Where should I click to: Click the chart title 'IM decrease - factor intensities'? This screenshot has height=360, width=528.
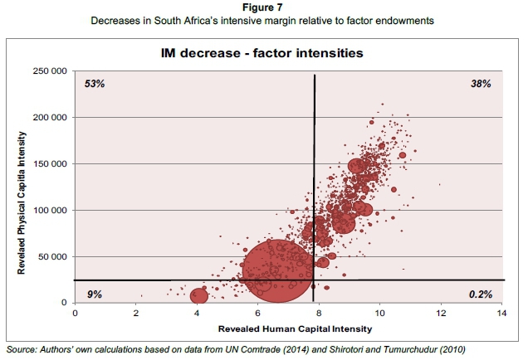pyautogui.click(x=263, y=54)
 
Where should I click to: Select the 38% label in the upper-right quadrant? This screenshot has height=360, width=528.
pyautogui.click(x=481, y=85)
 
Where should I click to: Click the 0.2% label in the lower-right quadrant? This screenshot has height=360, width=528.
pyautogui.click(x=479, y=294)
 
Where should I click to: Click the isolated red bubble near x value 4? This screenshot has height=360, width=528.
pyautogui.click(x=199, y=295)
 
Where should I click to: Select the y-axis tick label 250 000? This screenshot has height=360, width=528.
pyautogui.click(x=51, y=71)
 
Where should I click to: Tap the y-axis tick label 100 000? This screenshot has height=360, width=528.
pyautogui.click(x=51, y=210)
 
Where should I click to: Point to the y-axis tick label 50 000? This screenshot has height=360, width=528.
pyautogui.click(x=53, y=256)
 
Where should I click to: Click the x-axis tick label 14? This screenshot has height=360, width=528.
pyautogui.click(x=501, y=314)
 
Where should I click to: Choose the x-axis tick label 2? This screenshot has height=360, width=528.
pyautogui.click(x=136, y=314)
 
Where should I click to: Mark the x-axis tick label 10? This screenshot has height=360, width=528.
pyautogui.click(x=379, y=314)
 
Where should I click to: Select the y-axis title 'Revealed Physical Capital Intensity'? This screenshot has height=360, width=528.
pyautogui.click(x=21, y=187)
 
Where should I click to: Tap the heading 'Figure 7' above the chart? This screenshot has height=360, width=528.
pyautogui.click(x=264, y=7)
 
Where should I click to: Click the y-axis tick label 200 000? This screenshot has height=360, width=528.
pyautogui.click(x=51, y=118)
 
